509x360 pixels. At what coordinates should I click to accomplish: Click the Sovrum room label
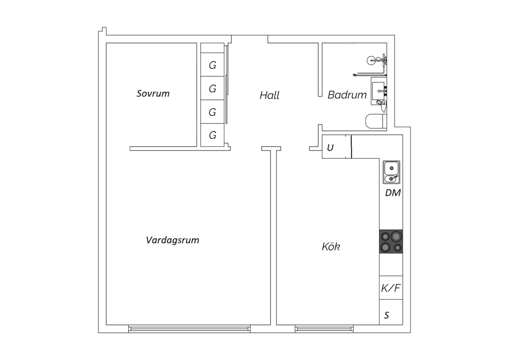pyautogui.click(x=153, y=93)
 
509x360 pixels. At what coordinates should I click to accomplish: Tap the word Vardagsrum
pyautogui.click(x=172, y=240)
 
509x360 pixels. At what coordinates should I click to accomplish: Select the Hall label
pyautogui.click(x=269, y=95)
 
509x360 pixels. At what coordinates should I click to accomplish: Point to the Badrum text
pyautogui.click(x=347, y=95)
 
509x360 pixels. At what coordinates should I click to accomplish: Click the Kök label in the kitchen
pyautogui.click(x=331, y=246)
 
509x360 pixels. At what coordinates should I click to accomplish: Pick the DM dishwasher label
pyautogui.click(x=393, y=193)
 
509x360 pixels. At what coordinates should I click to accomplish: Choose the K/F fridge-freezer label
pyautogui.click(x=391, y=288)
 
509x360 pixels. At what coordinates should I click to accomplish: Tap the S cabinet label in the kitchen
pyautogui.click(x=387, y=315)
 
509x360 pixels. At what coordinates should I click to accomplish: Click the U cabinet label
pyautogui.click(x=330, y=148)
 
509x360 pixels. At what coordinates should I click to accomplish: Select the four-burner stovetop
pyautogui.click(x=391, y=241)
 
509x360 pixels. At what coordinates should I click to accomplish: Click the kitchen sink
pyautogui.click(x=391, y=172)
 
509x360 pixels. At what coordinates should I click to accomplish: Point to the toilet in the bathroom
pyautogui.click(x=376, y=121)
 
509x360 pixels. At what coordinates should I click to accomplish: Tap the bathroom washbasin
pyautogui.click(x=378, y=91)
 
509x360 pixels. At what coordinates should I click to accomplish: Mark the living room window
pyautogui.click(x=189, y=329)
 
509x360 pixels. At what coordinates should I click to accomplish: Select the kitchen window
pyautogui.click(x=324, y=329)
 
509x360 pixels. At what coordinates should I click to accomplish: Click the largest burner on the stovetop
pyautogui.click(x=396, y=236)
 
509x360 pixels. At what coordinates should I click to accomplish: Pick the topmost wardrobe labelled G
pyautogui.click(x=212, y=65)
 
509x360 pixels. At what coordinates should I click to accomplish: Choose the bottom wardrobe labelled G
pyautogui.click(x=212, y=135)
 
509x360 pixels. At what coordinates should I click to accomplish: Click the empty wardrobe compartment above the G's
pyautogui.click(x=212, y=48)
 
